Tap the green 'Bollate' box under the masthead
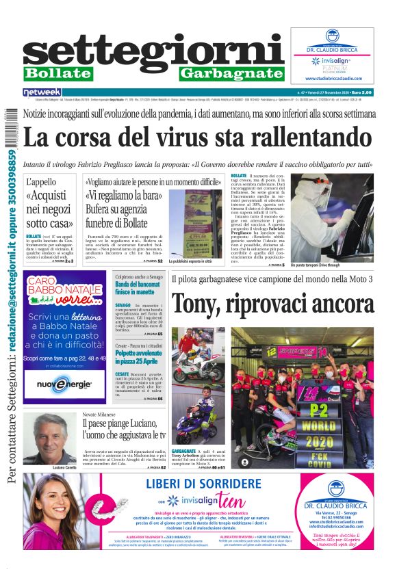click(58, 73)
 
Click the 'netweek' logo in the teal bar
click(42, 92)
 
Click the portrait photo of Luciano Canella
click(49, 438)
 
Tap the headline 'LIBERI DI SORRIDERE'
click(203, 484)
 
